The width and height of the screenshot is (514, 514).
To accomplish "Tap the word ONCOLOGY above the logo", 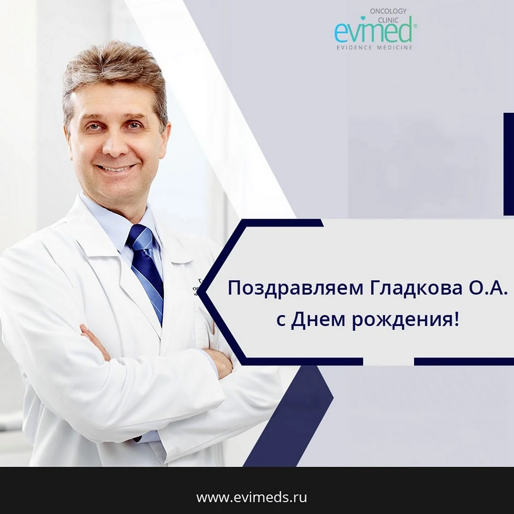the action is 388,11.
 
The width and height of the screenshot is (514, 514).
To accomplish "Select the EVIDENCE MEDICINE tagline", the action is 375,48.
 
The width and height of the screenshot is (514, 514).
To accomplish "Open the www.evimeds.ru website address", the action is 251,497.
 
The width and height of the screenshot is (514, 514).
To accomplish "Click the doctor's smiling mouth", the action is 115,168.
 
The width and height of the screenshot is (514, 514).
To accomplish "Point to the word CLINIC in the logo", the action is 388,20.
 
